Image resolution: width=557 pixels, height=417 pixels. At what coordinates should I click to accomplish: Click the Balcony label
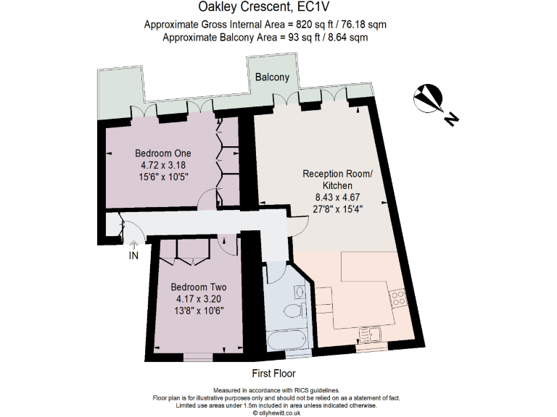pos(272,77)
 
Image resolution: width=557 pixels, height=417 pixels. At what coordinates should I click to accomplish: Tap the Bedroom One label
pos(163,153)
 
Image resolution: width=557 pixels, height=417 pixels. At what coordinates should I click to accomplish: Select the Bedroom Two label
pos(199,287)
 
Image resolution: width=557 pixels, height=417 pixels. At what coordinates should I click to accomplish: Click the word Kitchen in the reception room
pos(337,185)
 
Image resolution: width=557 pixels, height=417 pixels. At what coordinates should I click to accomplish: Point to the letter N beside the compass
pos(452,119)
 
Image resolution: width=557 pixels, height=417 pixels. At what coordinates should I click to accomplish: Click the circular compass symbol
pos(428,98)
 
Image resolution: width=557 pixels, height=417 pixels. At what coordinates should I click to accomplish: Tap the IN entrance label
pos(133,256)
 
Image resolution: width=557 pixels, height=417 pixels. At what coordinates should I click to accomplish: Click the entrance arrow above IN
pos(134,245)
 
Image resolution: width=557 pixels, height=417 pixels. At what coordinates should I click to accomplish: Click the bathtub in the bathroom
pos(287,340)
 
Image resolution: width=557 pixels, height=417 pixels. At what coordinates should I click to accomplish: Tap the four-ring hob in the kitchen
pos(398,298)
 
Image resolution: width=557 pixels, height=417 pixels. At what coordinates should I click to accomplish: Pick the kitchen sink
pos(370,334)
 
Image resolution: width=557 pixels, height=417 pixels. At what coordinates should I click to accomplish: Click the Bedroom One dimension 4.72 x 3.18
pos(163,165)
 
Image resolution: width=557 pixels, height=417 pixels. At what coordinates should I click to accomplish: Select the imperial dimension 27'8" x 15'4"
pos(338,208)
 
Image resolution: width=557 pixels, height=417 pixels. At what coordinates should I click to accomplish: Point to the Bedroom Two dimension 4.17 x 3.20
pos(199,299)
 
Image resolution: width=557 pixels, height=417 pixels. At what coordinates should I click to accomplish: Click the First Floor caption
pos(273,374)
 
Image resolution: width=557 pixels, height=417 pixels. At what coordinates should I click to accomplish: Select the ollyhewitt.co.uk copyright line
pos(276,413)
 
